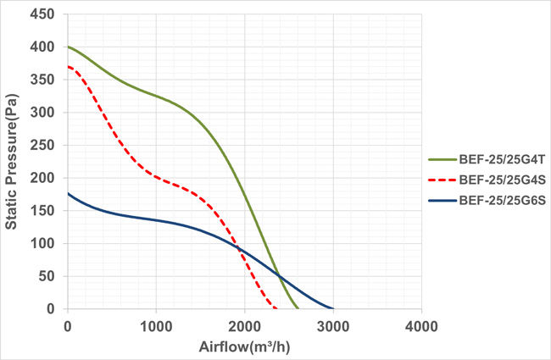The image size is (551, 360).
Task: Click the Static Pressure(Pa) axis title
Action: click(13, 161)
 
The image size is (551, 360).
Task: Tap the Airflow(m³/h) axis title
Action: click(244, 346)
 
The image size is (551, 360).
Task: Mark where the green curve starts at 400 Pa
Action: click(68, 47)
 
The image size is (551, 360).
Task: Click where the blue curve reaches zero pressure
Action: click(332, 308)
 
